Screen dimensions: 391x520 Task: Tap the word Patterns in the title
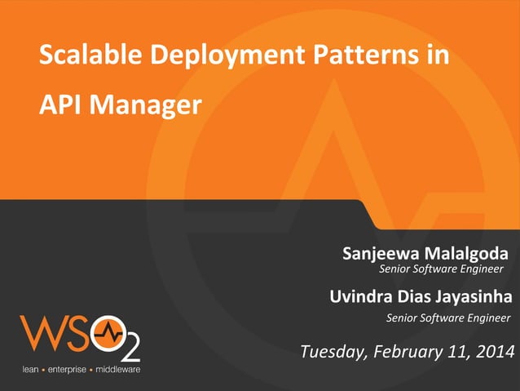(x=346, y=56)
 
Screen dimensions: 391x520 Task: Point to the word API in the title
(x=59, y=104)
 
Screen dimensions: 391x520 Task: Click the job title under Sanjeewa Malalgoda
(x=442, y=269)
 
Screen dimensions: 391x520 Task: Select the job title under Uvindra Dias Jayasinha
(x=447, y=318)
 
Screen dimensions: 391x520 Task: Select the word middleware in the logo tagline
(x=117, y=370)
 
